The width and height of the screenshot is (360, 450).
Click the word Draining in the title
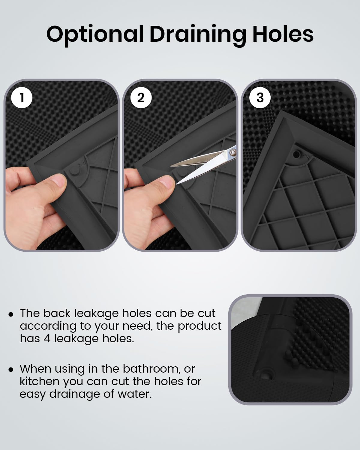point(198,35)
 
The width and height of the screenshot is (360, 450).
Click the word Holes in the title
point(283,34)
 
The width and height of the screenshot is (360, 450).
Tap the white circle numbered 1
point(22,97)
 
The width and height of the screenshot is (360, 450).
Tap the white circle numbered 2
point(141,97)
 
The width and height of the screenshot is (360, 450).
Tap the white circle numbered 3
point(260,97)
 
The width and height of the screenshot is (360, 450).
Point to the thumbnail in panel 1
point(59,181)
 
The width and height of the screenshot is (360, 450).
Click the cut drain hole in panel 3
point(296,155)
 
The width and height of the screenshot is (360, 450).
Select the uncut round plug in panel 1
point(74,171)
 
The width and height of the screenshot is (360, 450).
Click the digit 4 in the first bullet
point(47,338)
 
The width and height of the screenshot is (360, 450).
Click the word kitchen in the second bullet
point(40,381)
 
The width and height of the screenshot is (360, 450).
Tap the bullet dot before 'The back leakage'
point(11,314)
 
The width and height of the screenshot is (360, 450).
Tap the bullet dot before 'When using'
point(11,370)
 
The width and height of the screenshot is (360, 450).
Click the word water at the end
point(134,394)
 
